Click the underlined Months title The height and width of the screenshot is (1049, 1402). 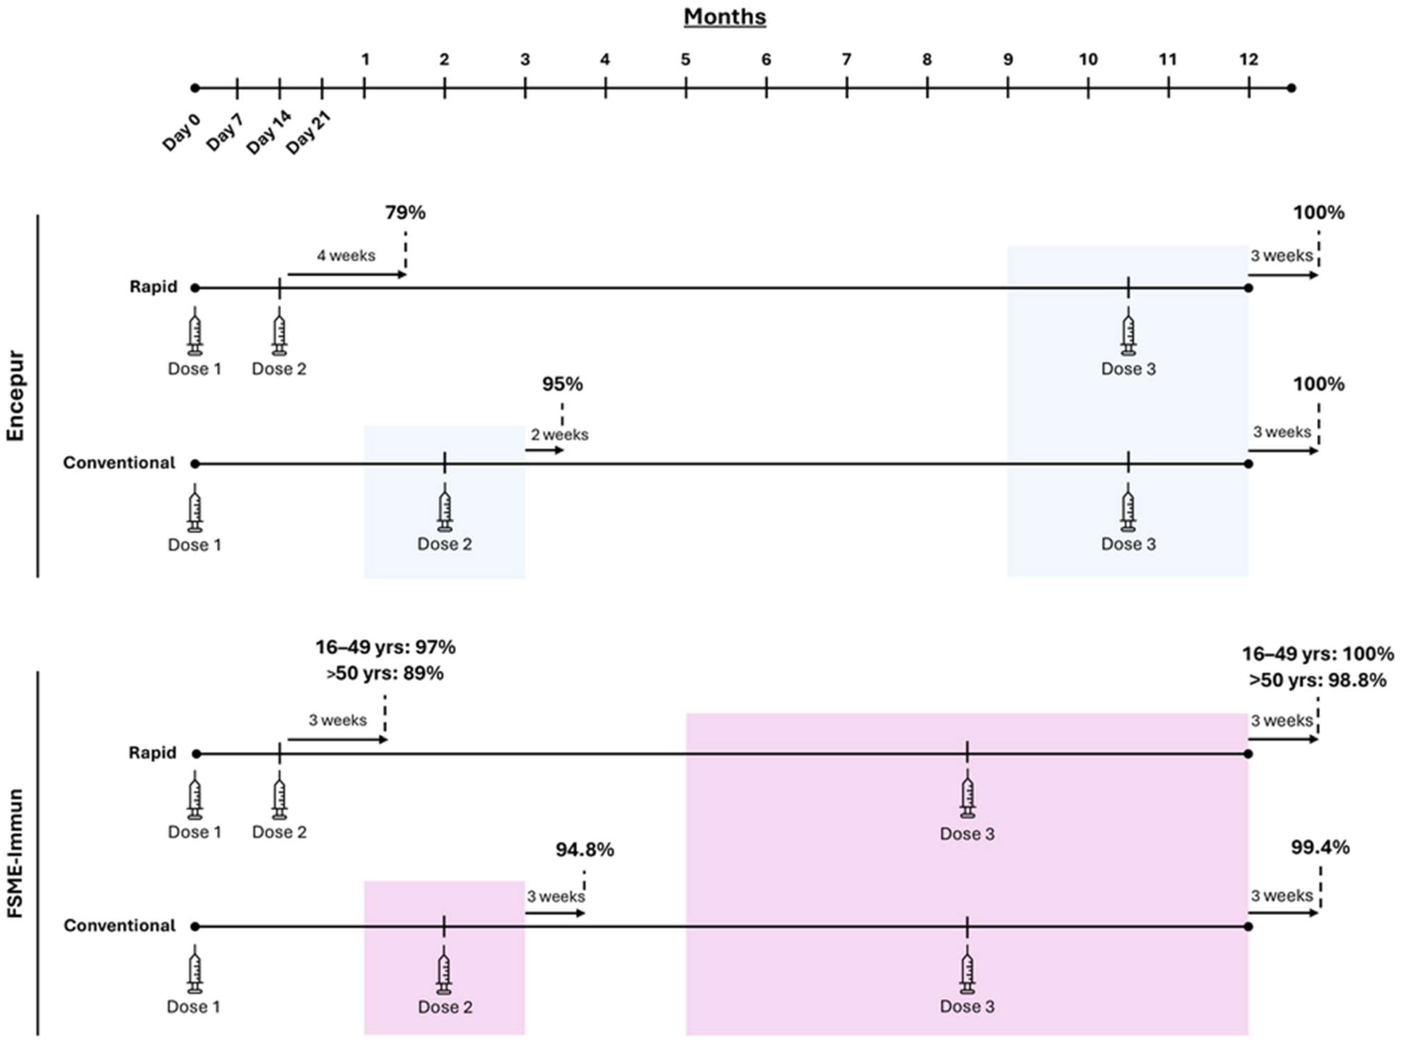click(x=724, y=16)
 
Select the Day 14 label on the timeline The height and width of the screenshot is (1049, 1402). click(x=269, y=132)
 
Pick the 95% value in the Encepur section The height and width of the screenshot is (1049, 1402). click(x=562, y=384)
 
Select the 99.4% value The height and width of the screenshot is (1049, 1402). click(x=1320, y=848)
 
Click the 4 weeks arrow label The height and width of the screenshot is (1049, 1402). click(x=346, y=255)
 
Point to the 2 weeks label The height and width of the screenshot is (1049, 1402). click(x=560, y=435)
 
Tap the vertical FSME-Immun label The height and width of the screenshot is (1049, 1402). click(x=15, y=852)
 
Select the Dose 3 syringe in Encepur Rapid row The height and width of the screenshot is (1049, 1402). click(x=1128, y=332)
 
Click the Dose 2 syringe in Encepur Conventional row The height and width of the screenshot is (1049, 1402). click(x=444, y=507)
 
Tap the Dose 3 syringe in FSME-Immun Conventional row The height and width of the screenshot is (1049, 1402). click(x=966, y=970)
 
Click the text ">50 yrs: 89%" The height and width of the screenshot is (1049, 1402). click(x=385, y=673)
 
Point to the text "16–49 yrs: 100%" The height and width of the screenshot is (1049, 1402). click(x=1317, y=653)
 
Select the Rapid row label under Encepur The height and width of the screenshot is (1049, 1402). click(x=153, y=287)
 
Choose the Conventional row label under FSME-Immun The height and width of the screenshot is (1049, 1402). click(x=119, y=926)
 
